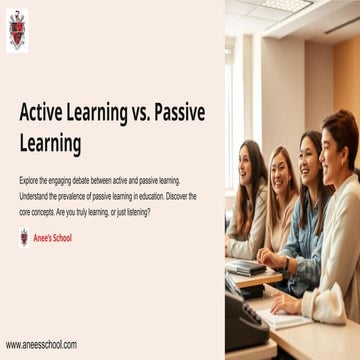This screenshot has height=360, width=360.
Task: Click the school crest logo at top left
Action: point(17,31)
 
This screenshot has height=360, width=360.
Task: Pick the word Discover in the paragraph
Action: point(176,196)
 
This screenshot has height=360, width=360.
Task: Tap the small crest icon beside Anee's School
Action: point(24,237)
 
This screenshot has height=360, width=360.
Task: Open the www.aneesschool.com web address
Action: point(41,344)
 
